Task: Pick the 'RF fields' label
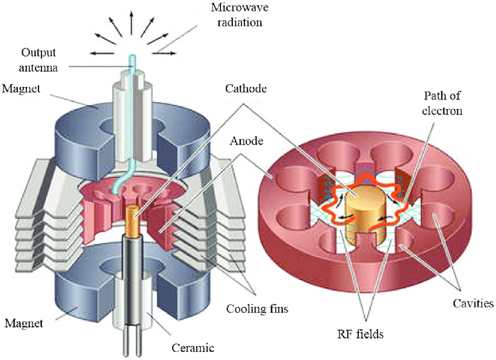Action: pos(361,334)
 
